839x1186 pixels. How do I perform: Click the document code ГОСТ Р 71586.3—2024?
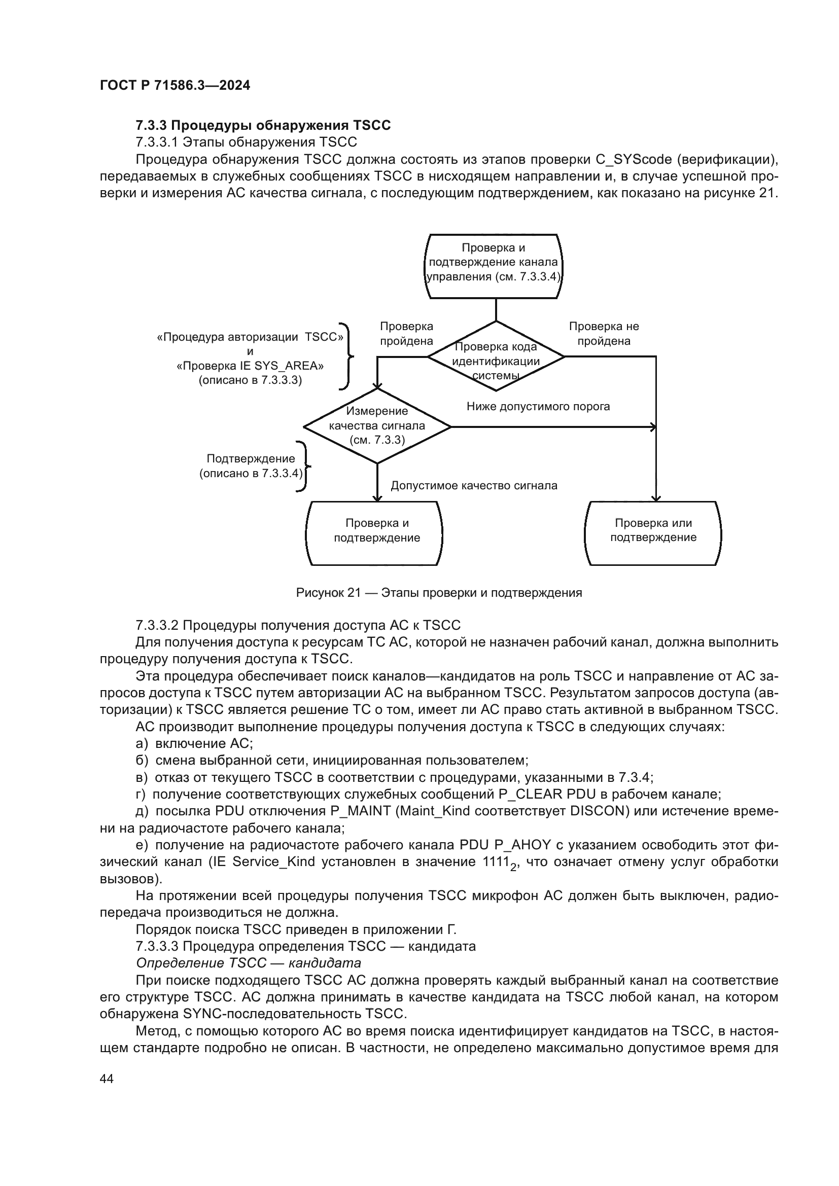pyautogui.click(x=174, y=86)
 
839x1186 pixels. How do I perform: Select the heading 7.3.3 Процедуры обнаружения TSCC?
pyautogui.click(x=263, y=126)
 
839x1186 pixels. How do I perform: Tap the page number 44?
pyautogui.click(x=107, y=1079)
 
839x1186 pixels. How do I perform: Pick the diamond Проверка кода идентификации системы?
pyautogui.click(x=496, y=357)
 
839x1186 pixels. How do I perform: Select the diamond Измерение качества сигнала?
pyautogui.click(x=376, y=426)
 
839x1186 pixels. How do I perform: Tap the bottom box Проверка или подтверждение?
pyautogui.click(x=652, y=533)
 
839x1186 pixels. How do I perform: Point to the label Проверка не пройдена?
pyautogui.click(x=604, y=334)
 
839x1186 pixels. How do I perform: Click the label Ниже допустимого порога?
pyautogui.click(x=538, y=407)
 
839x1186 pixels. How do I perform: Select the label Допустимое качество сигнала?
pyautogui.click(x=474, y=486)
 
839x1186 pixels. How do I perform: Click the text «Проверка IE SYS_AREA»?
pyautogui.click(x=250, y=366)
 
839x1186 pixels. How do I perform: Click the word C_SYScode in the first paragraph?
pyautogui.click(x=634, y=160)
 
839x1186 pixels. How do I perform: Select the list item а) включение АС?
pyautogui.click(x=194, y=744)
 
